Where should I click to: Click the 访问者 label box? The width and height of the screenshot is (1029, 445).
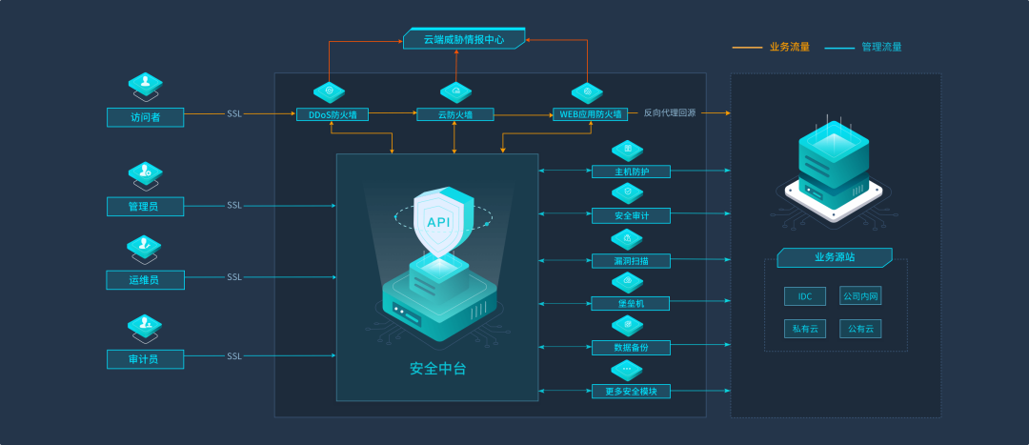pos(145,117)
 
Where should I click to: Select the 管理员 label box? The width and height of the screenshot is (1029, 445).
pos(145,206)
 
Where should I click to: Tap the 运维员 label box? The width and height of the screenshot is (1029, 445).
pos(145,279)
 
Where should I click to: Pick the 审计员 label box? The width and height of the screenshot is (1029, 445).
pos(145,358)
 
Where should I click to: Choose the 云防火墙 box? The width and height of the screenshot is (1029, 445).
pos(455,114)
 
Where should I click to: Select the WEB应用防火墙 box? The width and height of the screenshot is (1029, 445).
pos(590,114)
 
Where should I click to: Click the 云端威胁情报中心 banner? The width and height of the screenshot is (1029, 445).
pos(464,39)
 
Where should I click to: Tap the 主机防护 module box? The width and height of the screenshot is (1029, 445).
pos(631,172)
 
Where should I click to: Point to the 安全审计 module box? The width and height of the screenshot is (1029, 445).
pos(631,215)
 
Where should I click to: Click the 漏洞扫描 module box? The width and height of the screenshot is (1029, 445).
pos(631,260)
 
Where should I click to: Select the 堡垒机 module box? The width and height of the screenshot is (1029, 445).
pos(631,303)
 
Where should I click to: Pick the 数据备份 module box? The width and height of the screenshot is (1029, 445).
pos(631,347)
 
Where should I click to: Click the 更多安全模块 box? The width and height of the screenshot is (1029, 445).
pos(631,391)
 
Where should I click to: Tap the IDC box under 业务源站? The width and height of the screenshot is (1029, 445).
pos(805,296)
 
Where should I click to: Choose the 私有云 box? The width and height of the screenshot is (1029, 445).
pos(805,329)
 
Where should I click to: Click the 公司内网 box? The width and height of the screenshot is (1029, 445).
pos(860,296)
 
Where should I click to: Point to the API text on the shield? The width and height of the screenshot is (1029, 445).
pos(438,222)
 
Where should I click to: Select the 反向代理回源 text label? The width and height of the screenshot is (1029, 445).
pos(669,112)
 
